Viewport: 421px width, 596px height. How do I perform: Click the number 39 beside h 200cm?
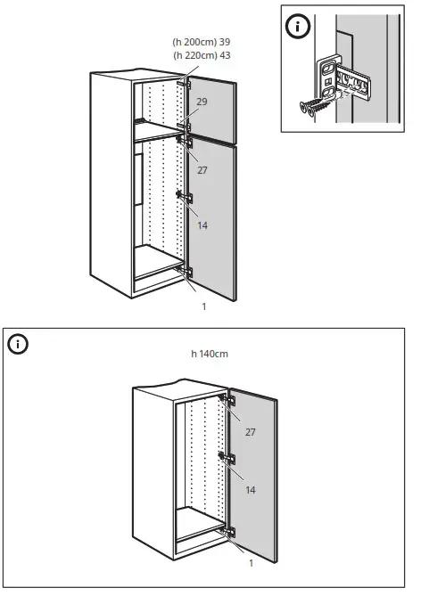pyautogui.click(x=224, y=42)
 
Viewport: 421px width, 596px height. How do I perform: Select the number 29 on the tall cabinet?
pyautogui.click(x=202, y=103)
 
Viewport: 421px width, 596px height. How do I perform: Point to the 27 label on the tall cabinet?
pyautogui.click(x=202, y=168)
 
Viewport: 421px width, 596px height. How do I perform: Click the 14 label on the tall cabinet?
pyautogui.click(x=202, y=225)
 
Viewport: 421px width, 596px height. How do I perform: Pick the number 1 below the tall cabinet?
pyautogui.click(x=204, y=306)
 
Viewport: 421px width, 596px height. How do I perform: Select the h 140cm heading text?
pyautogui.click(x=210, y=354)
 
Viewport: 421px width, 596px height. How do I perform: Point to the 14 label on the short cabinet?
pyautogui.click(x=251, y=490)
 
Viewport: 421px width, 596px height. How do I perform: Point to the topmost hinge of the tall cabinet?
pyautogui.click(x=188, y=84)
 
